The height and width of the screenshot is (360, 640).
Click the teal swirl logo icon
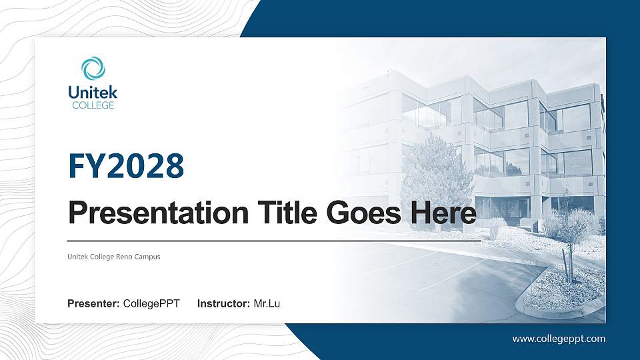tap(93, 69)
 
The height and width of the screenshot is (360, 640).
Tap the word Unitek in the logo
tap(93, 93)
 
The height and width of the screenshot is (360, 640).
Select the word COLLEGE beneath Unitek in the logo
tap(93, 105)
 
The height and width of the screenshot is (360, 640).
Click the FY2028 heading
tap(126, 166)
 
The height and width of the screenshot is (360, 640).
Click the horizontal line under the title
tap(273, 240)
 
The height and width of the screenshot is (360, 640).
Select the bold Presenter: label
tap(93, 304)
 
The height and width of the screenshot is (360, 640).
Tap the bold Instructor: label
tap(224, 304)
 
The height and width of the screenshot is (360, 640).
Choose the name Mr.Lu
tap(267, 304)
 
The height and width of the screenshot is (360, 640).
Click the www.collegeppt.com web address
tap(559, 339)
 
